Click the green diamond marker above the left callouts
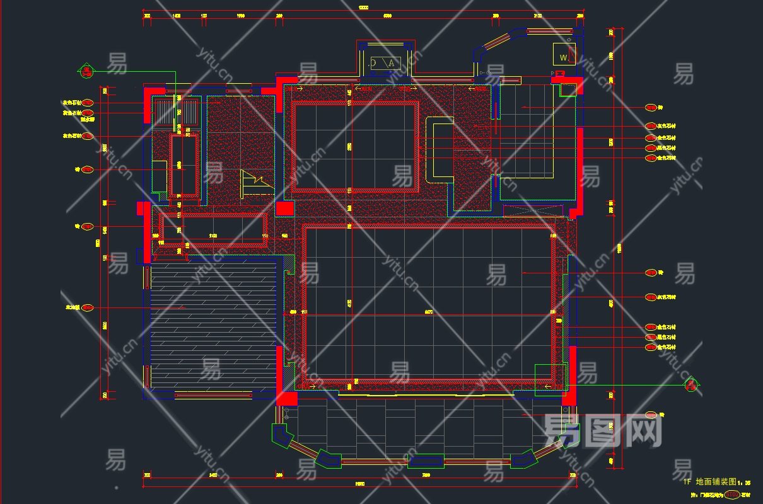click(86, 70)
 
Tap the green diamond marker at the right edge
click(692, 383)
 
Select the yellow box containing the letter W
click(563, 55)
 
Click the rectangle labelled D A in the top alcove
click(384, 62)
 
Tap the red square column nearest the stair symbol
click(285, 209)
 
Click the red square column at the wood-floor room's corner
click(288, 398)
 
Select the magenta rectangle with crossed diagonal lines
click(533, 210)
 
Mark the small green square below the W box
click(568, 89)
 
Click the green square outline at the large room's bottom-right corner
click(550, 380)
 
